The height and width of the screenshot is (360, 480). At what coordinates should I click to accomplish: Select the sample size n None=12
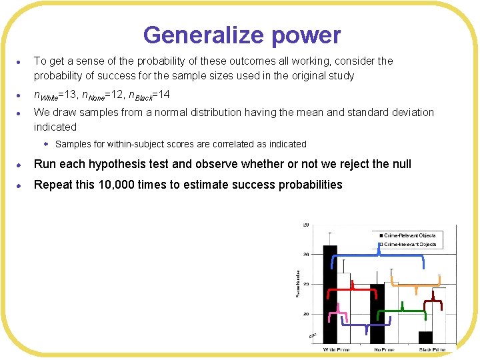[x=111, y=95]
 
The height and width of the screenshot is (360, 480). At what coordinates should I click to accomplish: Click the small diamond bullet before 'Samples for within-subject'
[x=47, y=144]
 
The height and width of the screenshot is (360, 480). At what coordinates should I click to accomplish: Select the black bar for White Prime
[x=330, y=293]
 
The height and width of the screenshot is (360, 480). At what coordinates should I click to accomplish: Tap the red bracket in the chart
[x=352, y=291]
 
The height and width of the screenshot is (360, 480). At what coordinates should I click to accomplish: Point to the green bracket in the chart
[x=402, y=311]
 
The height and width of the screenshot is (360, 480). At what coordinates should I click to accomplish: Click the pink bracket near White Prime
[x=341, y=310]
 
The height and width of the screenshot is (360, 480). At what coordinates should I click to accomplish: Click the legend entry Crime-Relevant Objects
[x=409, y=235]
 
